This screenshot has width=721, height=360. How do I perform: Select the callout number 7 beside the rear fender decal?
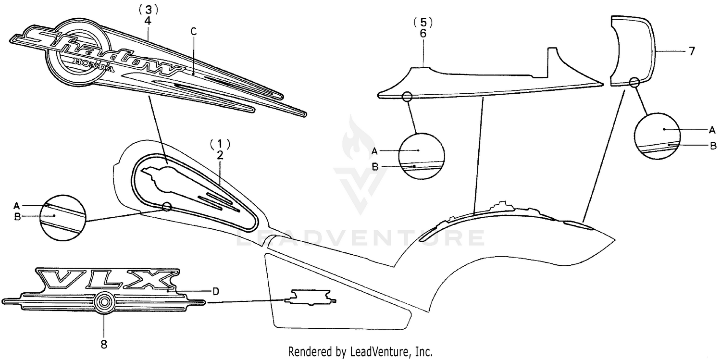tap(692, 51)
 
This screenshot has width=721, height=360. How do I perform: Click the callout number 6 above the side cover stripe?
tap(423, 33)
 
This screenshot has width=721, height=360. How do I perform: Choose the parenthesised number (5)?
tap(423, 22)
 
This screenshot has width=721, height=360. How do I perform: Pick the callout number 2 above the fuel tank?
tap(220, 155)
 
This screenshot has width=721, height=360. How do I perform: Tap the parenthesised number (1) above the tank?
tap(220, 143)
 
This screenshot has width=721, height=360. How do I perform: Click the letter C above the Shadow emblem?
tap(193, 32)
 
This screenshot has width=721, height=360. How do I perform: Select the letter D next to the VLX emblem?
tap(216, 291)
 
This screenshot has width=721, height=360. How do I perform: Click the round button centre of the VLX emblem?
tap(103, 302)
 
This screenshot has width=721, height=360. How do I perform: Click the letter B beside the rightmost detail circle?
tap(713, 145)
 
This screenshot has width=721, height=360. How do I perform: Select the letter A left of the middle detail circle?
tap(375, 150)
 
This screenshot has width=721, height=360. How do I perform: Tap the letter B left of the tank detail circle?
tap(17, 216)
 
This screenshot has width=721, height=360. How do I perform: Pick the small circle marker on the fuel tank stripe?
tap(167, 207)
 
